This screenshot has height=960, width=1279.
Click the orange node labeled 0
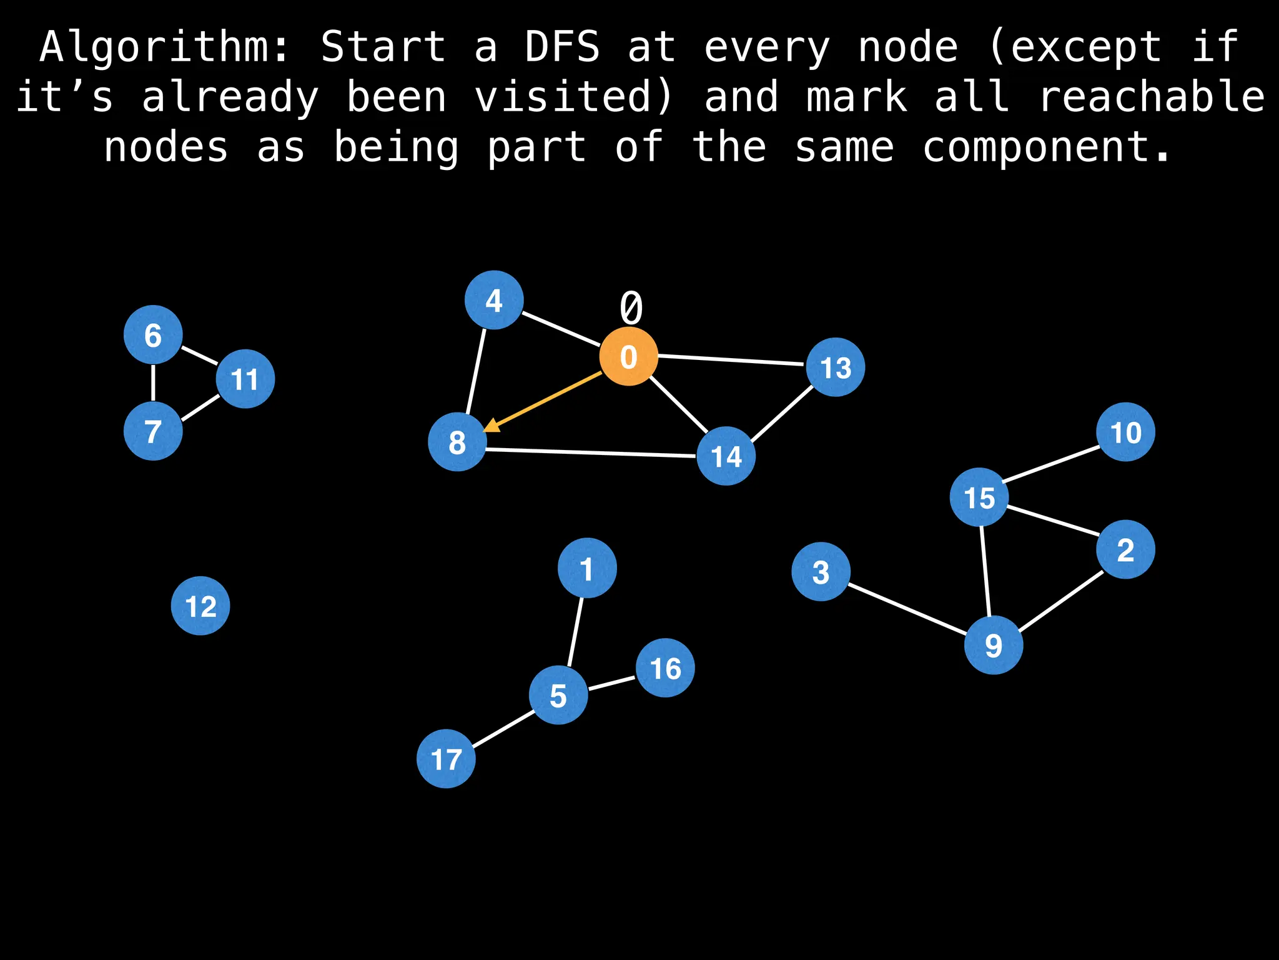pos(628,356)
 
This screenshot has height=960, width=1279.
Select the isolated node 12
pos(200,606)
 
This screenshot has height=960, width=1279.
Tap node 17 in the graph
pos(446,759)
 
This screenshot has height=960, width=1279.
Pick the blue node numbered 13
pos(835,367)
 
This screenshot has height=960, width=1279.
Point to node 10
pos(1125,432)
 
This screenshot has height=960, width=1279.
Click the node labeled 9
pos(993,644)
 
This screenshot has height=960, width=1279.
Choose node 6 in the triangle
pos(153,335)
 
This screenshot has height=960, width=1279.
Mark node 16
pos(665,667)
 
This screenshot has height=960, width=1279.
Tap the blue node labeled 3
pos(821,571)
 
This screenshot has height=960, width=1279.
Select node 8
pos(457,442)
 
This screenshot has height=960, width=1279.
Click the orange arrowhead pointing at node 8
pos(493,426)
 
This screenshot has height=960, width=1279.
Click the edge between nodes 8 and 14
pos(591,452)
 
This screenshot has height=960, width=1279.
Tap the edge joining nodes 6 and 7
pos(153,383)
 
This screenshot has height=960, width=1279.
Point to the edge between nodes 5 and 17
pos(503,728)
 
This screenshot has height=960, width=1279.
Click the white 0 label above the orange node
pos(631,307)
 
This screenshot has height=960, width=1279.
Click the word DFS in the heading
pos(562,47)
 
